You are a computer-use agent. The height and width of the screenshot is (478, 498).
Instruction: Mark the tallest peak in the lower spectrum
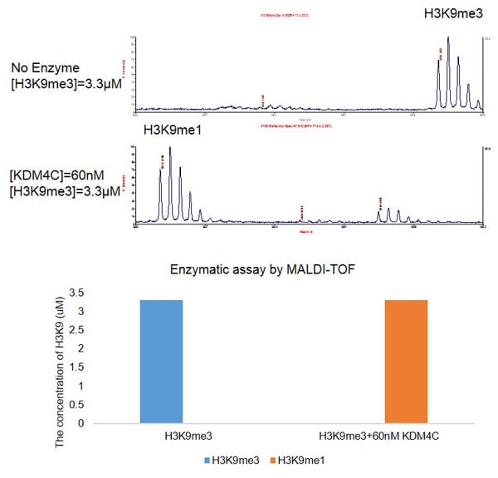(170, 150)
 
